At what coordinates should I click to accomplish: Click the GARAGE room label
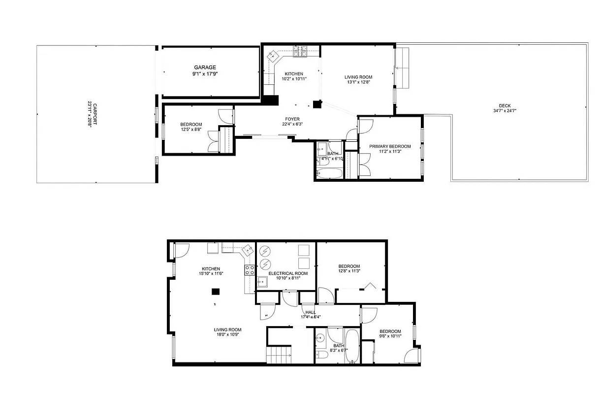click(x=205, y=67)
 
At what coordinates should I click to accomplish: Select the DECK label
click(x=505, y=105)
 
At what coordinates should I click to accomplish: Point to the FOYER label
click(x=292, y=119)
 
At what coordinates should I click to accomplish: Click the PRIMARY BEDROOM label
click(x=390, y=146)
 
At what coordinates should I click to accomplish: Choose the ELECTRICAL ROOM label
click(x=288, y=273)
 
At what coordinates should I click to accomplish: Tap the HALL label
click(x=310, y=312)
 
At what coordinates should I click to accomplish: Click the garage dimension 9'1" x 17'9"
click(x=205, y=74)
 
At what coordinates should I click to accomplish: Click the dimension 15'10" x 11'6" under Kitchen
click(x=211, y=274)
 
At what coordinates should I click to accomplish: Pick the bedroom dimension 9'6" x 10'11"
click(x=390, y=336)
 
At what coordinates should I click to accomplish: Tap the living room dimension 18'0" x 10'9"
click(x=227, y=335)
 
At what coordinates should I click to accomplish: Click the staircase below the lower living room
click(x=276, y=355)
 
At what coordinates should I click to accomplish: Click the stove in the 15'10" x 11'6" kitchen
click(x=250, y=269)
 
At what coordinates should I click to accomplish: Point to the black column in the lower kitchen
click(x=215, y=291)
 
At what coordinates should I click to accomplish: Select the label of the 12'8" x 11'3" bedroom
click(x=349, y=266)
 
